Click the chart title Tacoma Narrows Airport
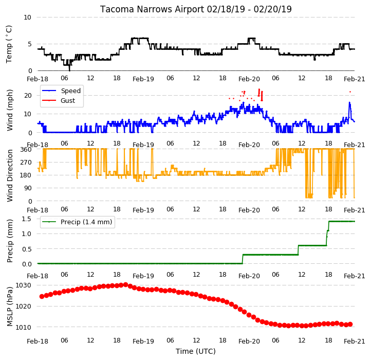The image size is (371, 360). [x=152, y=9]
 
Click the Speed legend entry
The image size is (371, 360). [x=61, y=91]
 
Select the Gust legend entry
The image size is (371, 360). [x=59, y=101]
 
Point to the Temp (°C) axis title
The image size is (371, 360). [x=9, y=44]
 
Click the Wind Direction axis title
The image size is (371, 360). [x=10, y=175]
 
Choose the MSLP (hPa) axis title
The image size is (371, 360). [x=10, y=307]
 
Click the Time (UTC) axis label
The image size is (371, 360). [x=195, y=351]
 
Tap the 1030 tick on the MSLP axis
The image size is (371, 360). [x=24, y=285]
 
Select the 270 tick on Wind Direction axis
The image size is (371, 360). [x=27, y=162]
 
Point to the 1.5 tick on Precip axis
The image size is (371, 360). [x=27, y=219]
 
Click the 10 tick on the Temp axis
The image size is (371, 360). [x=27, y=17]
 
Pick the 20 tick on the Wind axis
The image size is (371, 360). [x=28, y=96]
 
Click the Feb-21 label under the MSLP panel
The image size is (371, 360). [x=354, y=341]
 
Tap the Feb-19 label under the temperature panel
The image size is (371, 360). [x=143, y=79]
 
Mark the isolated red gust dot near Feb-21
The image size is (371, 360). [x=350, y=92]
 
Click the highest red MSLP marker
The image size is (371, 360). [x=126, y=285]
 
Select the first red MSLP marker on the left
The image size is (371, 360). [x=42, y=297]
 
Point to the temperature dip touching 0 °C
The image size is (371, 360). [x=69, y=70]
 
